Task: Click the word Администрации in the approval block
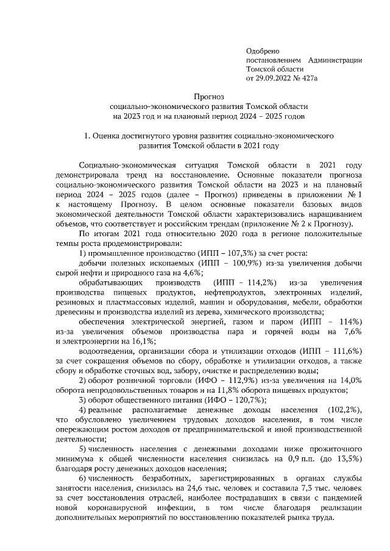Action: point(335,60)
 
